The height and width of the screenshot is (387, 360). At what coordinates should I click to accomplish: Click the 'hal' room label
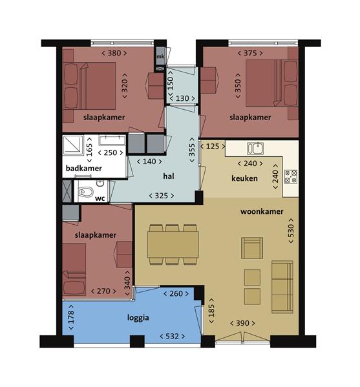169,176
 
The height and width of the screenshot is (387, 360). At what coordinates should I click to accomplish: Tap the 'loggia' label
138,318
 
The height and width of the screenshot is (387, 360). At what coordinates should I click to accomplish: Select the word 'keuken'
244,178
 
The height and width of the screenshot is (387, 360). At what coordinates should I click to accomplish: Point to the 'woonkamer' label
262,211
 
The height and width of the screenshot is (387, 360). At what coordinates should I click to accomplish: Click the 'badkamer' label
84,169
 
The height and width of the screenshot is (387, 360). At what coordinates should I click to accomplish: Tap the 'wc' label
100,198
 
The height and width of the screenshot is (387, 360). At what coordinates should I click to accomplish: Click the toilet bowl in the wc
85,192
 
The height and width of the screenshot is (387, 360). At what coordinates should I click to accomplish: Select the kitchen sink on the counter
255,149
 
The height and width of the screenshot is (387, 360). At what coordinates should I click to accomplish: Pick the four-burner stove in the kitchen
291,176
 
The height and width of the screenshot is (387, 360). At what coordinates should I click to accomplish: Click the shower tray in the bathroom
73,145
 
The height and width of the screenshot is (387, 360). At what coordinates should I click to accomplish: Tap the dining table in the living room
173,245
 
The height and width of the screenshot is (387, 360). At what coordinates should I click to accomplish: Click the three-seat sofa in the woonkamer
282,287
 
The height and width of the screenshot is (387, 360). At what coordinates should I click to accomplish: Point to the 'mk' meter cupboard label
160,56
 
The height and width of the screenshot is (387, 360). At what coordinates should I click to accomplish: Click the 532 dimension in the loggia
172,336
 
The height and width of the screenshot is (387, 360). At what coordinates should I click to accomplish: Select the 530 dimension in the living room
291,231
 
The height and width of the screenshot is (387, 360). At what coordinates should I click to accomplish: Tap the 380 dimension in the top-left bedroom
114,53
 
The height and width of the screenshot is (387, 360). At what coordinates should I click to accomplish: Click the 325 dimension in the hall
161,196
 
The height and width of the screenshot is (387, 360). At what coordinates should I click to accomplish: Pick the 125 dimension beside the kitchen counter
213,147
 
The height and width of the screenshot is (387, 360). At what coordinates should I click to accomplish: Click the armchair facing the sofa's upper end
252,248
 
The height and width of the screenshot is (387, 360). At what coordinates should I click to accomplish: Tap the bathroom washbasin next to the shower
112,140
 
